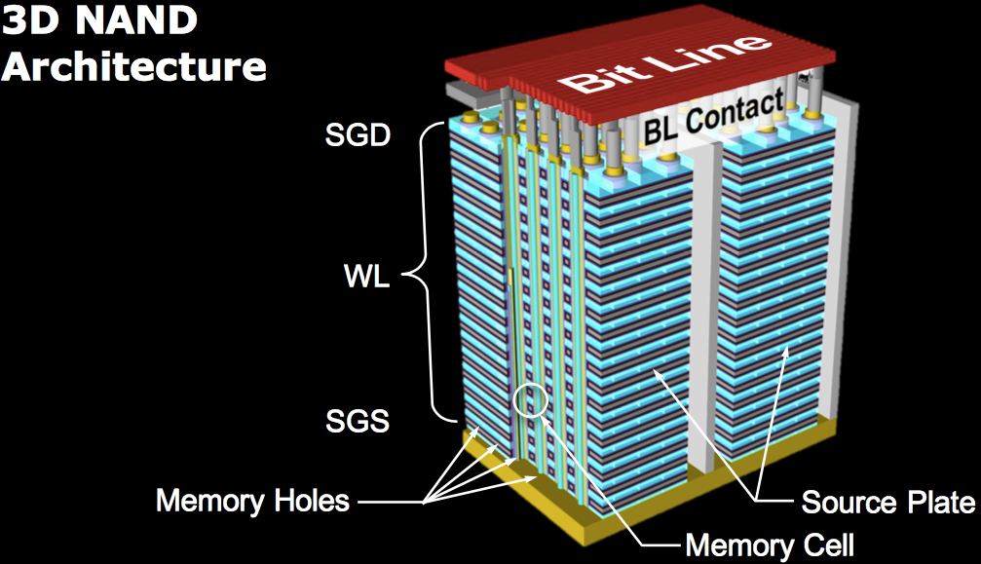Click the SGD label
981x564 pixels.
357,134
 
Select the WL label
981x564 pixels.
367,280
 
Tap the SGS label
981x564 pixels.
357,423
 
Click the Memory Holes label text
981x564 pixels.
252,502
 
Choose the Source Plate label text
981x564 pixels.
887,503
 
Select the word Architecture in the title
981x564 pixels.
134,66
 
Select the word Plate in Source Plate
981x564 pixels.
939,503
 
